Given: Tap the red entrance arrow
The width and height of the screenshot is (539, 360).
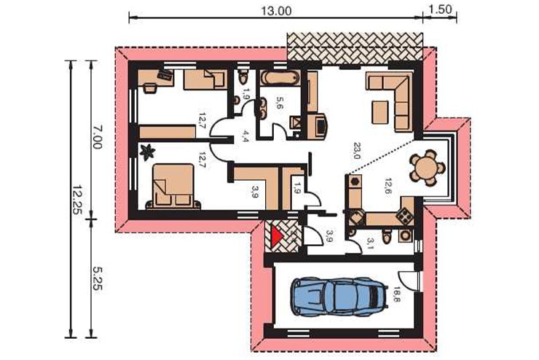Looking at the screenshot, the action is (x=277, y=237).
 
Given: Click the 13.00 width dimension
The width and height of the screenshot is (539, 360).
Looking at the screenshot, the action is (x=276, y=11).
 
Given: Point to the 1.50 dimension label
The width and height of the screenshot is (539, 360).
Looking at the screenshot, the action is (x=441, y=9).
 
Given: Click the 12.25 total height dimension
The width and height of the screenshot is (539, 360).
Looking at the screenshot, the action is (x=76, y=200).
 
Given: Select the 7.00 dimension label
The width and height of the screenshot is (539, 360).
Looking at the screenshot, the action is (x=97, y=137).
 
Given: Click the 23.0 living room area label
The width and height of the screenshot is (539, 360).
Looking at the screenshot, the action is (x=355, y=151).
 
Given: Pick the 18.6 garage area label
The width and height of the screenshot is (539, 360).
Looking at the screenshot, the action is (x=397, y=294).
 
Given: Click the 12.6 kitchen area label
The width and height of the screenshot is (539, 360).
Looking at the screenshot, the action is (x=387, y=187).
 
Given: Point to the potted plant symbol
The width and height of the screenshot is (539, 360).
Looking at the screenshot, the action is (x=148, y=152).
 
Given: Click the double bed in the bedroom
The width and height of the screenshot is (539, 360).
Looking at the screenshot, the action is (x=173, y=187).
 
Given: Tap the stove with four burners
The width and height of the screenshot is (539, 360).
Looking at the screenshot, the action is (x=404, y=215).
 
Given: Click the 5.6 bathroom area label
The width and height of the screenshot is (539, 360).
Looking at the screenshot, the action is (x=278, y=103).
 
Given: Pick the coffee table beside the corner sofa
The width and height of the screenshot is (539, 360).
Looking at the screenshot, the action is (x=380, y=112).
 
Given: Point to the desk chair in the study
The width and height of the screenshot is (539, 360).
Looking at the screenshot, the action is (x=149, y=87).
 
